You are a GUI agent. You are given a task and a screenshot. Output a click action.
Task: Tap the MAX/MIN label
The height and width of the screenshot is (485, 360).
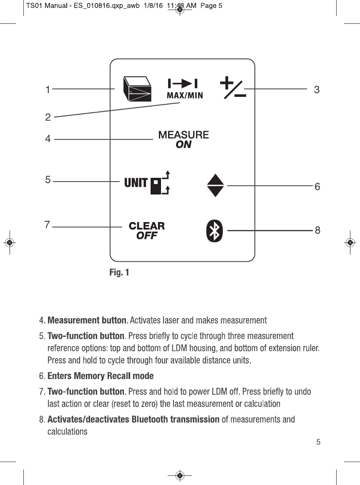click(185, 95)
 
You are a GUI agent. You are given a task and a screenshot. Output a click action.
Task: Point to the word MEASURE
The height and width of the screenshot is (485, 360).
click(184, 135)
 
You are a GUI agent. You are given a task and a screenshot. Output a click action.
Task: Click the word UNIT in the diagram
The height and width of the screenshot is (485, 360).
click(136, 183)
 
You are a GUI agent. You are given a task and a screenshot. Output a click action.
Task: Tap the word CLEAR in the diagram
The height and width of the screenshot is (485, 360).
click(146, 226)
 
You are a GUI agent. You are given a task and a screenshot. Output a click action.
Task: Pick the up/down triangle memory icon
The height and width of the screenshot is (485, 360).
click(215, 185)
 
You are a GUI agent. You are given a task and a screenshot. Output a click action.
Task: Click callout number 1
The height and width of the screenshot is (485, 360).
click(48, 89)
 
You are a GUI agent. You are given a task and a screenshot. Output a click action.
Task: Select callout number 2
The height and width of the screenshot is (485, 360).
click(48, 118)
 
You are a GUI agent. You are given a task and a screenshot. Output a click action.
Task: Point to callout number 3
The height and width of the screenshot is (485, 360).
click(317, 89)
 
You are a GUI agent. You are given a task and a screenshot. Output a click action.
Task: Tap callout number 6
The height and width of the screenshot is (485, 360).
click(317, 187)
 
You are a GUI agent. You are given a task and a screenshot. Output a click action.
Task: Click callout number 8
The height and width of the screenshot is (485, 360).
click(317, 230)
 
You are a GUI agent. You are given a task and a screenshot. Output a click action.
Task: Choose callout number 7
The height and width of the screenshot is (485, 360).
click(48, 225)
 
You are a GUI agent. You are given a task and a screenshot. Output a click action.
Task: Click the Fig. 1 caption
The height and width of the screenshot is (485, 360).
click(119, 273)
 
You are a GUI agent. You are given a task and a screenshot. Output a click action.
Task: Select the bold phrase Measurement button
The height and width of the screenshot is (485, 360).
click(87, 321)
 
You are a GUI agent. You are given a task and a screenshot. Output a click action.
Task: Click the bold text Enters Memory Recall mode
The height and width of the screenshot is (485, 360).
click(101, 376)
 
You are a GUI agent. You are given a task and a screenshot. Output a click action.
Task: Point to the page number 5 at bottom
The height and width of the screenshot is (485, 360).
click(318, 442)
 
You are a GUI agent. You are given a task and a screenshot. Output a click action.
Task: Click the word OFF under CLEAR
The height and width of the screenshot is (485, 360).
click(147, 236)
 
